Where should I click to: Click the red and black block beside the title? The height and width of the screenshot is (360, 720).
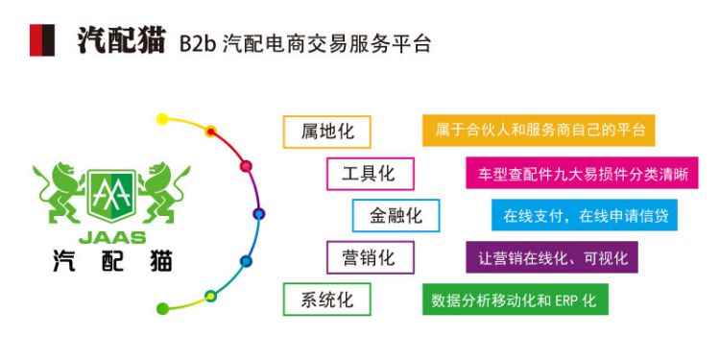[x=42, y=40]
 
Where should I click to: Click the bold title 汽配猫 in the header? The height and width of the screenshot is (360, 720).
[x=121, y=41]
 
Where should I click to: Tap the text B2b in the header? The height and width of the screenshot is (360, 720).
[x=198, y=44]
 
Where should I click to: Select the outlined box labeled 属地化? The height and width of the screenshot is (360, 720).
[x=327, y=132]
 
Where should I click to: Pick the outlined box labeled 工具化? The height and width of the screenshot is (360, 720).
[x=371, y=174]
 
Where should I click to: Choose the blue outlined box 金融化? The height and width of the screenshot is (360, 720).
[x=396, y=215]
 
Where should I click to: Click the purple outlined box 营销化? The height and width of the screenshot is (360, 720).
[x=371, y=257]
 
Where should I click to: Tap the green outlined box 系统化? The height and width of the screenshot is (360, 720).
[x=327, y=299]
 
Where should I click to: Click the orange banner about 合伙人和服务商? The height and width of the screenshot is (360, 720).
[x=539, y=131]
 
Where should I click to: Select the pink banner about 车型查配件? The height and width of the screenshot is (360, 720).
[x=583, y=173]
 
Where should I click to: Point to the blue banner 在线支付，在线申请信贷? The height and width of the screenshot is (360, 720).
[x=585, y=215]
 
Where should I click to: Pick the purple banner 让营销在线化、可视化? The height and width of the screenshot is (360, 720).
[x=552, y=256]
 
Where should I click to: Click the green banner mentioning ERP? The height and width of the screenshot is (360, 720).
[x=516, y=299]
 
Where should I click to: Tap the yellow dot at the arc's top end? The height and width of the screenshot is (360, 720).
[x=162, y=119]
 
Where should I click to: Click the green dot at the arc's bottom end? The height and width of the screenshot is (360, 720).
[x=162, y=308]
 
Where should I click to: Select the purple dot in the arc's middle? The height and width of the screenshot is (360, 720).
[x=258, y=213]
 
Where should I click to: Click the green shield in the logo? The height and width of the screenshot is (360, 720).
[x=111, y=196]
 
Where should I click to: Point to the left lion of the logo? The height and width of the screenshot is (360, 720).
[x=60, y=192]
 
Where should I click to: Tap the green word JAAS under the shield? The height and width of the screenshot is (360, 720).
[x=112, y=237]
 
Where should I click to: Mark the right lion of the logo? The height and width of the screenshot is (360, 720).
[x=164, y=192]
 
